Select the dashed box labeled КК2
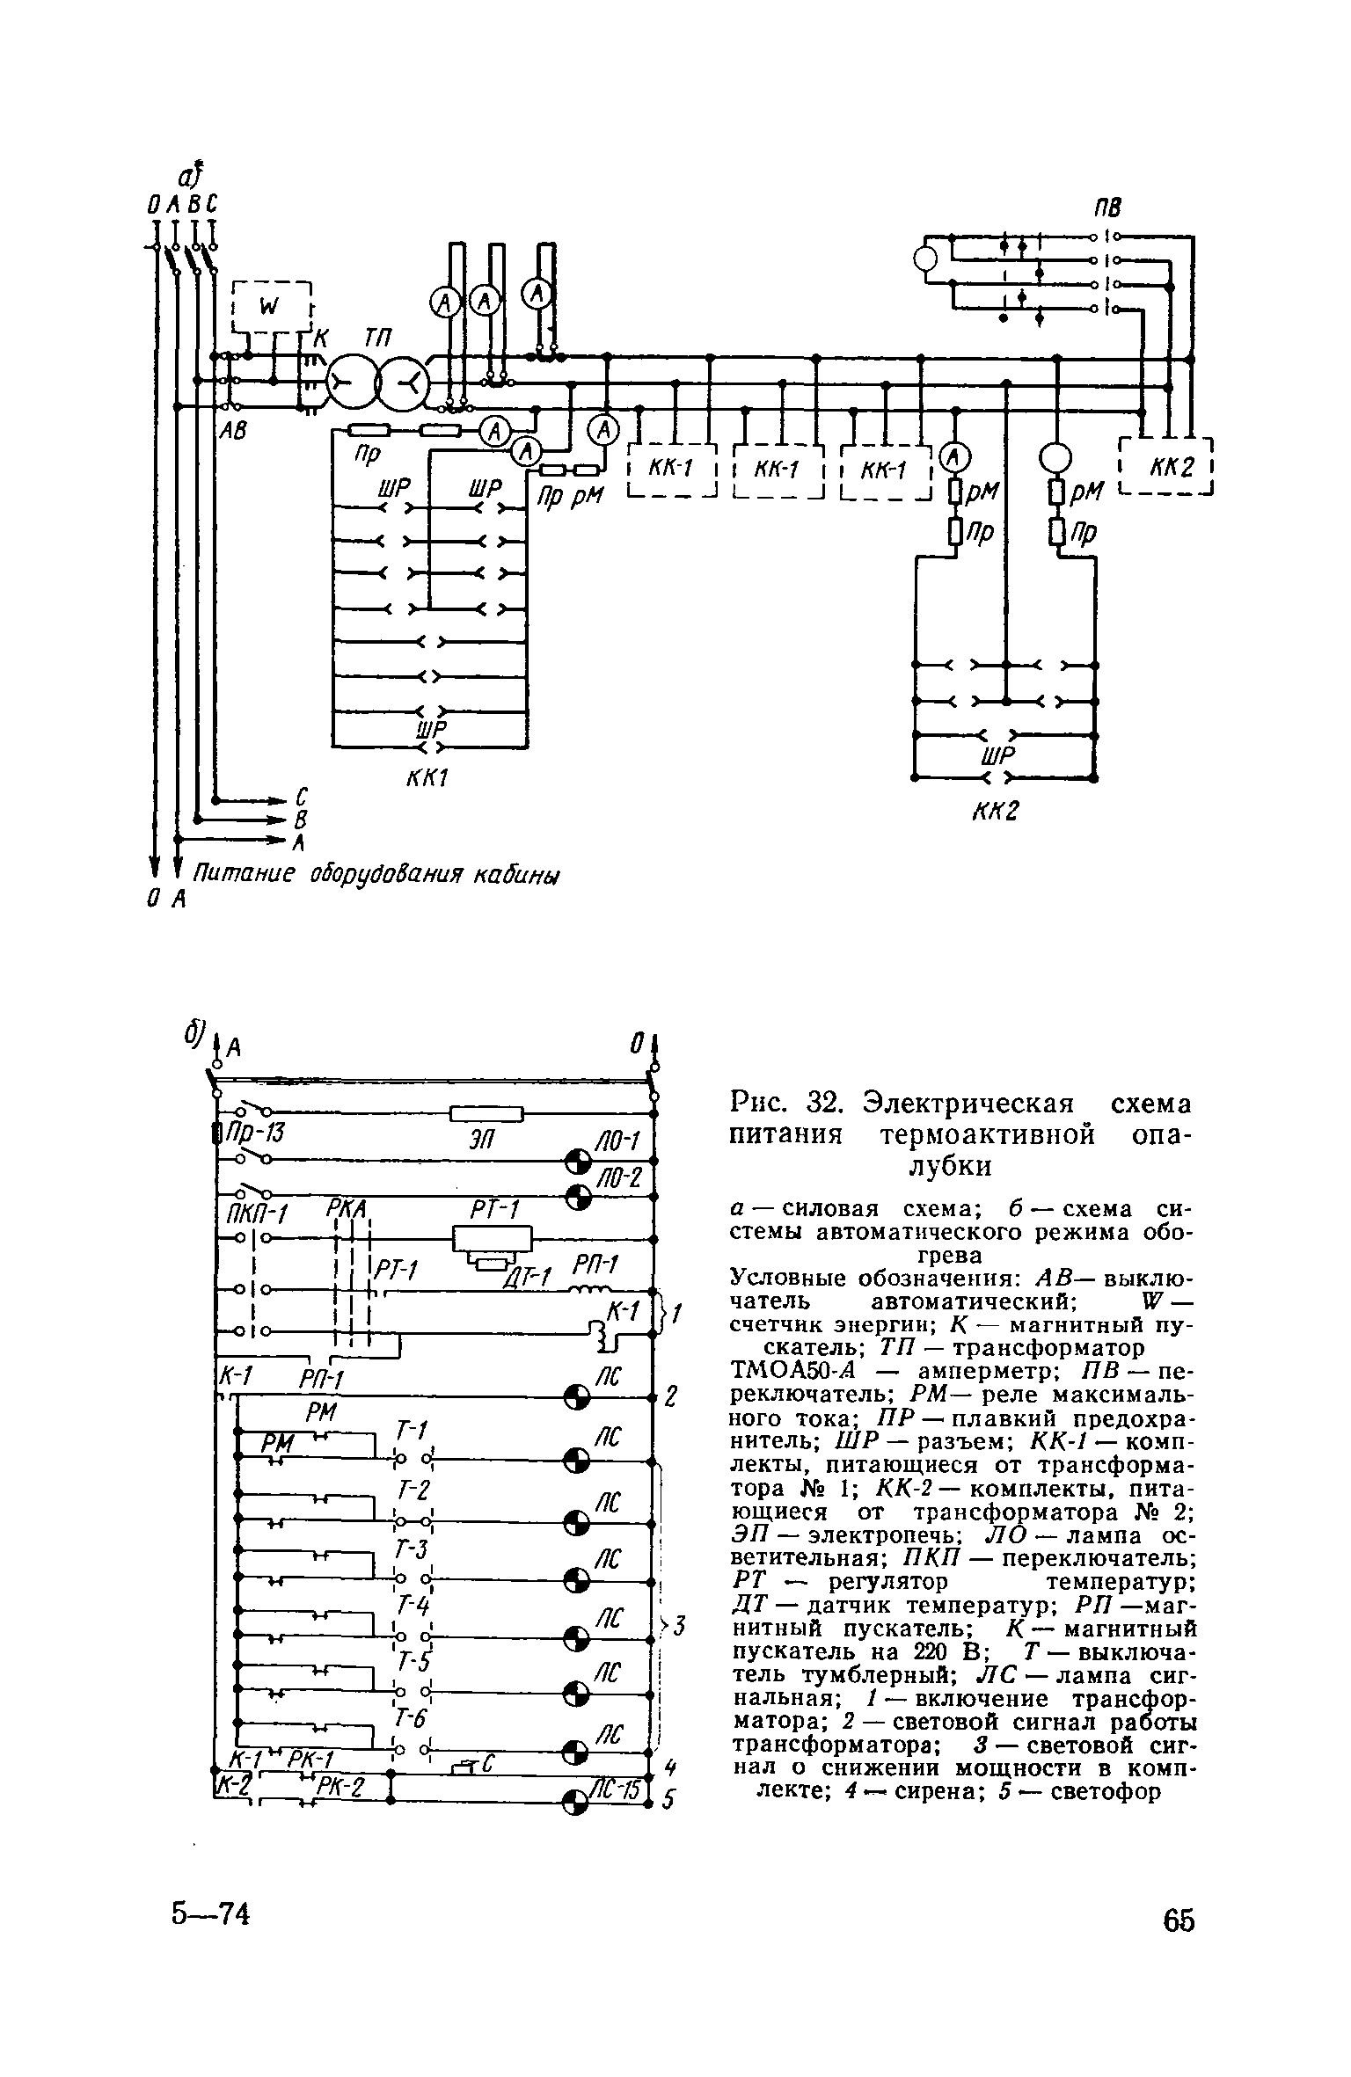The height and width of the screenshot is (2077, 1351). coord(1166,467)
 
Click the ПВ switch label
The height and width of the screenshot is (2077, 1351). coord(1107,208)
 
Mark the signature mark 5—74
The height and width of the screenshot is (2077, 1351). coord(211,1913)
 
